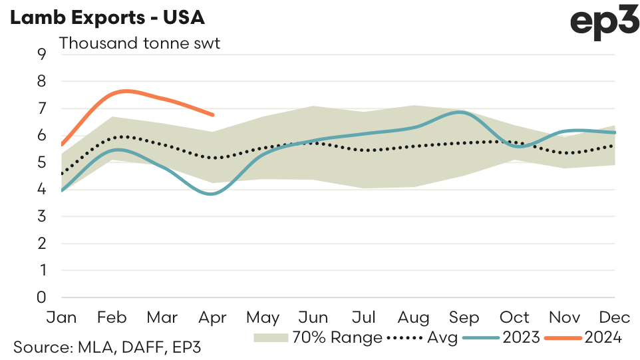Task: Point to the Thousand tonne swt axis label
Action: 140,43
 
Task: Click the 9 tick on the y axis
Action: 41,55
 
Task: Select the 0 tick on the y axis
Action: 41,297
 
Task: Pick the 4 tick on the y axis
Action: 41,190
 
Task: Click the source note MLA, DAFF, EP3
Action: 107,347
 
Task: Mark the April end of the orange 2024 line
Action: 212,114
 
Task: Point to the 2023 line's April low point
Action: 212,194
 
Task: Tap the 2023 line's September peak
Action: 459,112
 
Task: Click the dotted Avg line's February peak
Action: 120,136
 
